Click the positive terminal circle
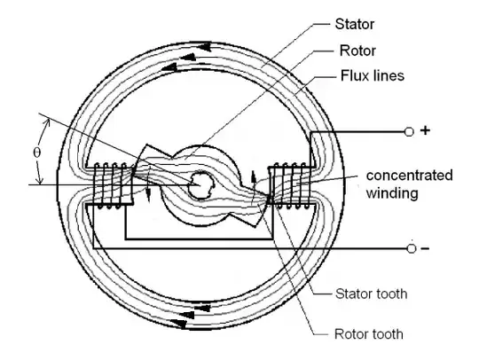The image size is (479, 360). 409,131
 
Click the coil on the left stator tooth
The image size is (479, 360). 110,186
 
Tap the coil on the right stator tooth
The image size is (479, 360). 284,186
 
